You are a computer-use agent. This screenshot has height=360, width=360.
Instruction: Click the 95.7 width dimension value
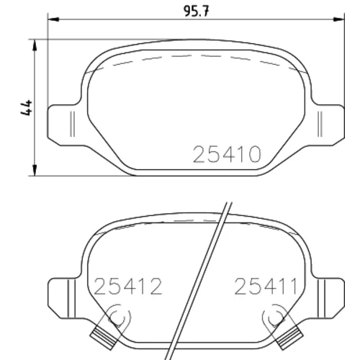point(197,11)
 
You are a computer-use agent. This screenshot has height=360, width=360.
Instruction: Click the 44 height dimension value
point(27,108)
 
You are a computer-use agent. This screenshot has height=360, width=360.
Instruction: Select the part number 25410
point(227,154)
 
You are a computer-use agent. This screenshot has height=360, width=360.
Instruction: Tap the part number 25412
point(128,287)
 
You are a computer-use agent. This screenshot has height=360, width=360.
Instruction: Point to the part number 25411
point(266,287)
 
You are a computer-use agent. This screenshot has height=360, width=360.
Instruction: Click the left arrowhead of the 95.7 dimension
point(53,19)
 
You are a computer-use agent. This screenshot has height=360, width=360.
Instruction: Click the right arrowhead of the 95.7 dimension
point(339,19)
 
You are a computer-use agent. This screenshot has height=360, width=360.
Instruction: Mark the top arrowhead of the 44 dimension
point(35,45)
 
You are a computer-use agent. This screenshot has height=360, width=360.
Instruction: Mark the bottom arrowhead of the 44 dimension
point(35,170)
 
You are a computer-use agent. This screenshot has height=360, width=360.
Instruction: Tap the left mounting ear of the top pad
point(64,125)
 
